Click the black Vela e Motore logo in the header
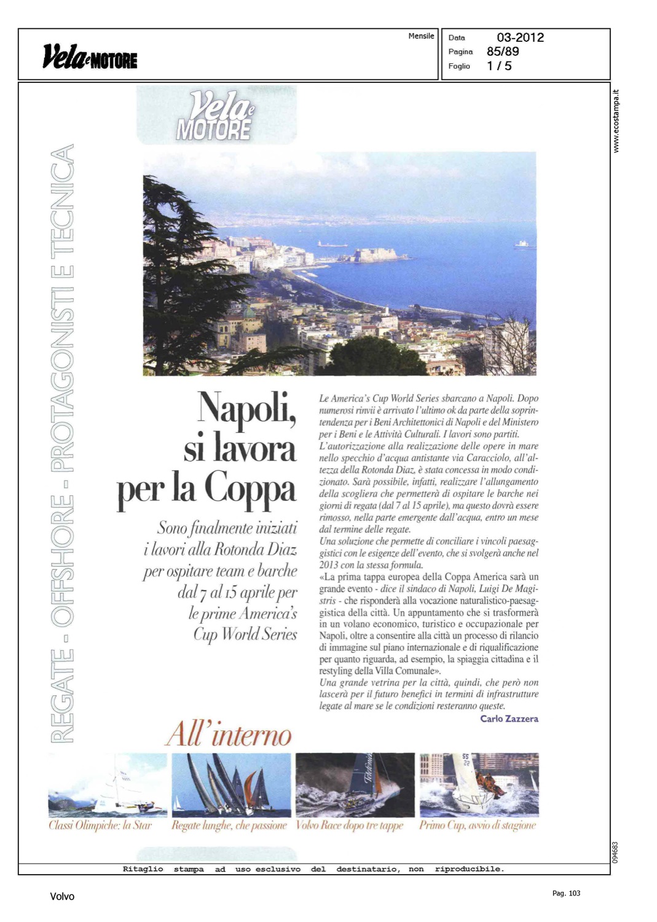tap(90, 57)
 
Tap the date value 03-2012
tap(520, 37)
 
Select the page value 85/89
tap(502, 52)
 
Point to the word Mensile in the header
tap(421, 36)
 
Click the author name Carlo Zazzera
tap(509, 719)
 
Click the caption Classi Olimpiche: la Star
tap(100, 825)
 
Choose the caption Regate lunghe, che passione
tap(229, 825)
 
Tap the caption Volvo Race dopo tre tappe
tap(350, 825)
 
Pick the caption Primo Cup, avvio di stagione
tap(478, 825)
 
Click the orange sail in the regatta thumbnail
tap(249, 786)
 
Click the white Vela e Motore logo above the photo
tap(215, 116)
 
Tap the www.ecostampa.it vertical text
tap(616, 121)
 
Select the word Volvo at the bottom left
tap(62, 897)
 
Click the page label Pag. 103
tap(566, 893)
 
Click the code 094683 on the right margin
tap(615, 852)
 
